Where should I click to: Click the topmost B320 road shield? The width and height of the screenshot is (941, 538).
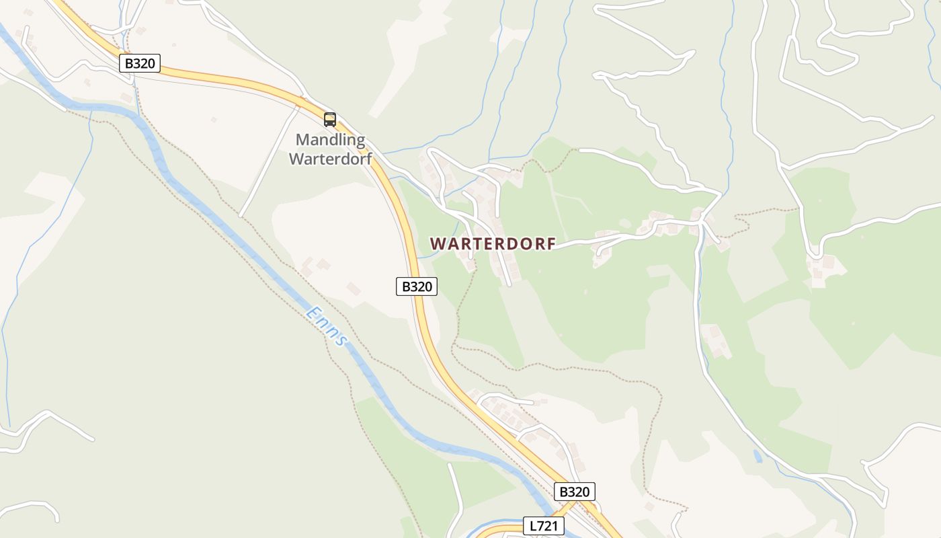(140, 64)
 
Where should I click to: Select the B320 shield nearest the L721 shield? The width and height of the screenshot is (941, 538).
(574, 492)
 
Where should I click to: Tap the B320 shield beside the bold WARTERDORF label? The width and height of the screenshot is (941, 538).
(416, 286)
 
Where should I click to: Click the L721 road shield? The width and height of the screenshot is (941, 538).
(543, 526)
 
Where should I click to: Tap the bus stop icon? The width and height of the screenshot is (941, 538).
(329, 120)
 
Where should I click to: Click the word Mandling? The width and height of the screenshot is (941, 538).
(331, 140)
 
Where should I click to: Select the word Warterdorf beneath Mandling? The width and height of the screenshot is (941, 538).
(330, 159)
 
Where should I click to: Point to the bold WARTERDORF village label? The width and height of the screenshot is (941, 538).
(493, 243)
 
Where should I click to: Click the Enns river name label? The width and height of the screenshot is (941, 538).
(327, 326)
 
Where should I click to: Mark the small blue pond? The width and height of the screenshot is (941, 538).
(758, 456)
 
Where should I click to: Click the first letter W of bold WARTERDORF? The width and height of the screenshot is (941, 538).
(437, 243)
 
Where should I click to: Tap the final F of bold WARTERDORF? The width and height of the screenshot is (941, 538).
(551, 243)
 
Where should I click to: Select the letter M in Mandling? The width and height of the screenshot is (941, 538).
(303, 140)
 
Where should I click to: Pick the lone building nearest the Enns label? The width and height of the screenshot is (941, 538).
(354, 289)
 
